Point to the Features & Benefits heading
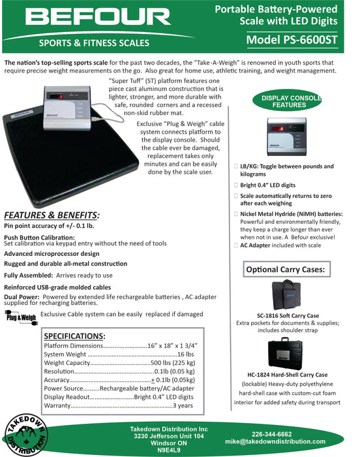point(52,215)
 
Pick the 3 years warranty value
point(185,405)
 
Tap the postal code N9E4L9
point(169,450)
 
